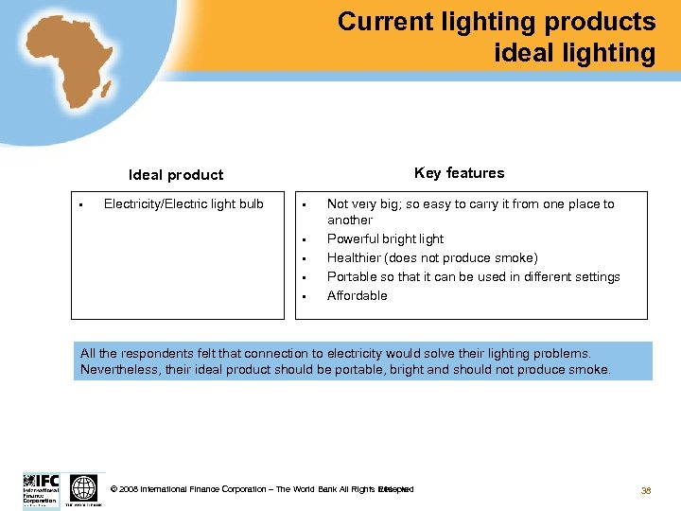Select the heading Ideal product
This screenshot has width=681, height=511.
176,175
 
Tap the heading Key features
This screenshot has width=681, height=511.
459,173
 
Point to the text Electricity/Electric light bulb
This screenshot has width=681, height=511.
183,203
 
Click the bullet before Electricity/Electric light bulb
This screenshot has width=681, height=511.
83,204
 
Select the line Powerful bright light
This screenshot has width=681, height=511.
385,239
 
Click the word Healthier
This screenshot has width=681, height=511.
353,258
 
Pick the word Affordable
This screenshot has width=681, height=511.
357,296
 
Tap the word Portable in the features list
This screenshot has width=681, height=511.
351,277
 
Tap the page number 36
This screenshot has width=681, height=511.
647,490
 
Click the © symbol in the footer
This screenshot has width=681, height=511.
114,490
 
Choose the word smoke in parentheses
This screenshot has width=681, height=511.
515,258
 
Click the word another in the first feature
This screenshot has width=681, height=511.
350,220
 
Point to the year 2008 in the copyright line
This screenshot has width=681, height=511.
129,490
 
